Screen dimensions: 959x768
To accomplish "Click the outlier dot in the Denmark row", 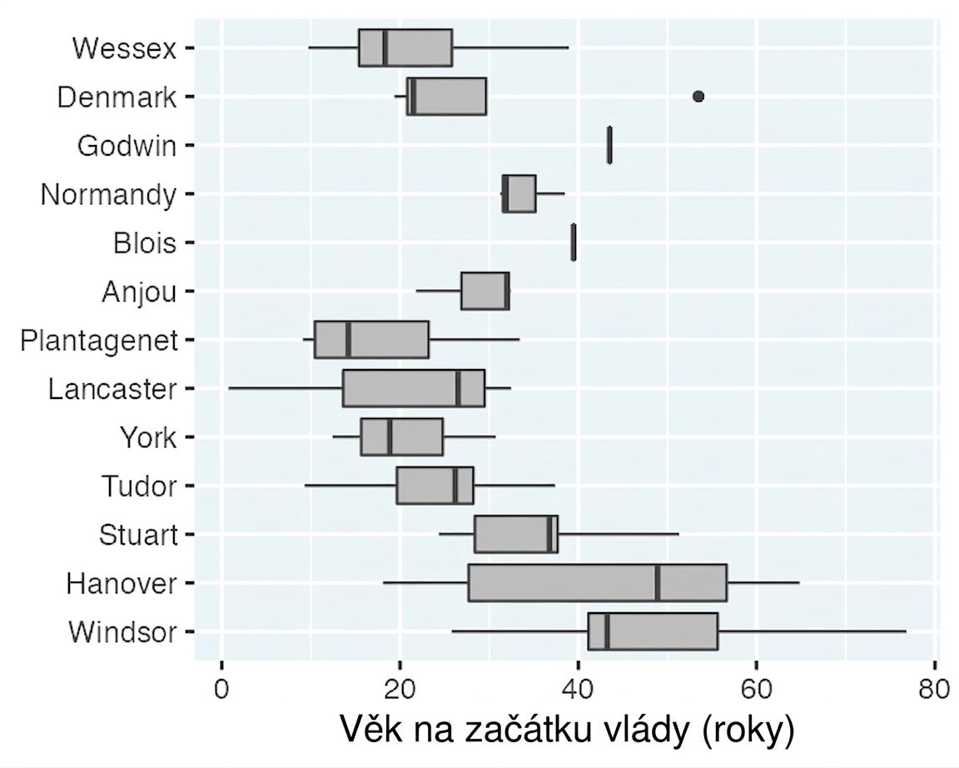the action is (x=698, y=96).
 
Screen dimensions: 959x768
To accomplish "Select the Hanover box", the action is (x=598, y=582).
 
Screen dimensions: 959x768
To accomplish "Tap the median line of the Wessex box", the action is (x=385, y=47).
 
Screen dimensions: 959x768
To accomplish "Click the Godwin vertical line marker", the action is (x=609, y=145).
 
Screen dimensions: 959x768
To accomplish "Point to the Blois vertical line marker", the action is (x=573, y=242).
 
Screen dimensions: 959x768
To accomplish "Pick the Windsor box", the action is (x=653, y=631).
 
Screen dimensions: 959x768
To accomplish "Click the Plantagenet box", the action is (x=371, y=339).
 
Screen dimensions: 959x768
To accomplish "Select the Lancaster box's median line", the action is (x=459, y=388).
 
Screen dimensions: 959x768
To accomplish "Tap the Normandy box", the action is (x=519, y=193).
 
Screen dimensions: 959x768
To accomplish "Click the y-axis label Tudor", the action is (x=140, y=486).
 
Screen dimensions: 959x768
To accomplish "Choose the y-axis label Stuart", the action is (x=138, y=535).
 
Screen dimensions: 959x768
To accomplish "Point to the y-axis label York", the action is (x=148, y=437).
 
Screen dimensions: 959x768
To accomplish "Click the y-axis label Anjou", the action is (x=140, y=292).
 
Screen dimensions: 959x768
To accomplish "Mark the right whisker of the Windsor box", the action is (x=812, y=631).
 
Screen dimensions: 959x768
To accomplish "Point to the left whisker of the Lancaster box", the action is (x=286, y=388).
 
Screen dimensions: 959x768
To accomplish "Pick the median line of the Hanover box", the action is (x=657, y=582).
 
